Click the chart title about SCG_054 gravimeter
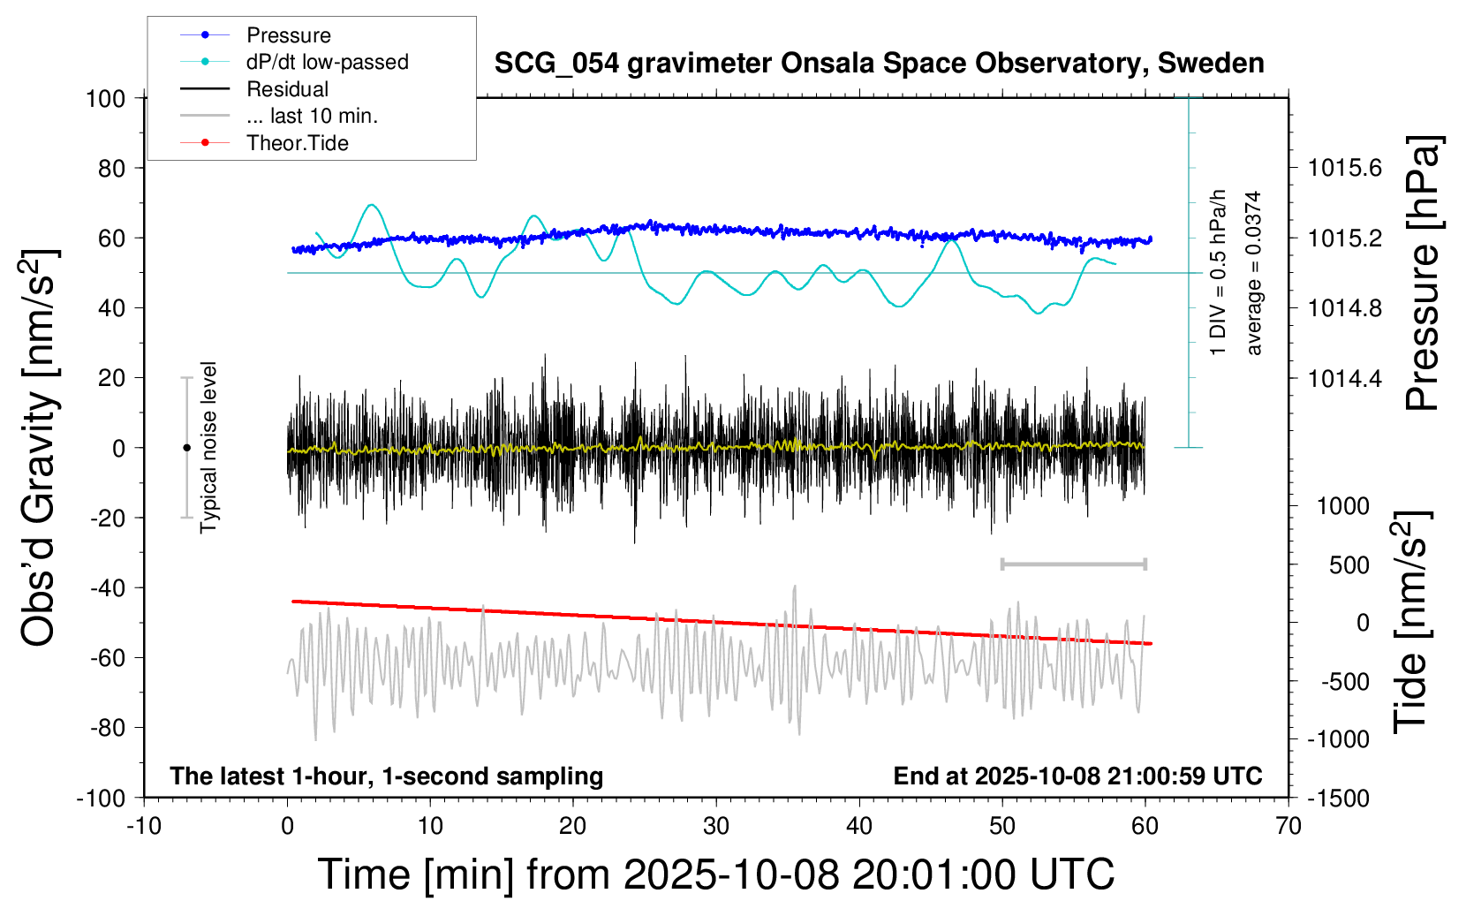[879, 64]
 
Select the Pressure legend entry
[288, 35]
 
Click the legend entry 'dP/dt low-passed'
[327, 62]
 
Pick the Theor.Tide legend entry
[297, 143]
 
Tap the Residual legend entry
[287, 89]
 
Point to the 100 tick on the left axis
[105, 98]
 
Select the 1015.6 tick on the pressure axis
[1345, 168]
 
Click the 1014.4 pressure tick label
[1345, 378]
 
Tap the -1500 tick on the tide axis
[1339, 798]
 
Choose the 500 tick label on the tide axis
[1349, 564]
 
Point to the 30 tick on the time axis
[716, 826]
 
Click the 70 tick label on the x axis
[1288, 826]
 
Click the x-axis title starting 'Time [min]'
[715, 874]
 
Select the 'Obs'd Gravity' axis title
[41, 447]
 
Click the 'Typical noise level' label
[208, 447]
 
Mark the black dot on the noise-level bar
[186, 448]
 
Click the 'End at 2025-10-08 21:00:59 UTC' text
[1077, 776]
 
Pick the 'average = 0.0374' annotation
[1254, 274]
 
